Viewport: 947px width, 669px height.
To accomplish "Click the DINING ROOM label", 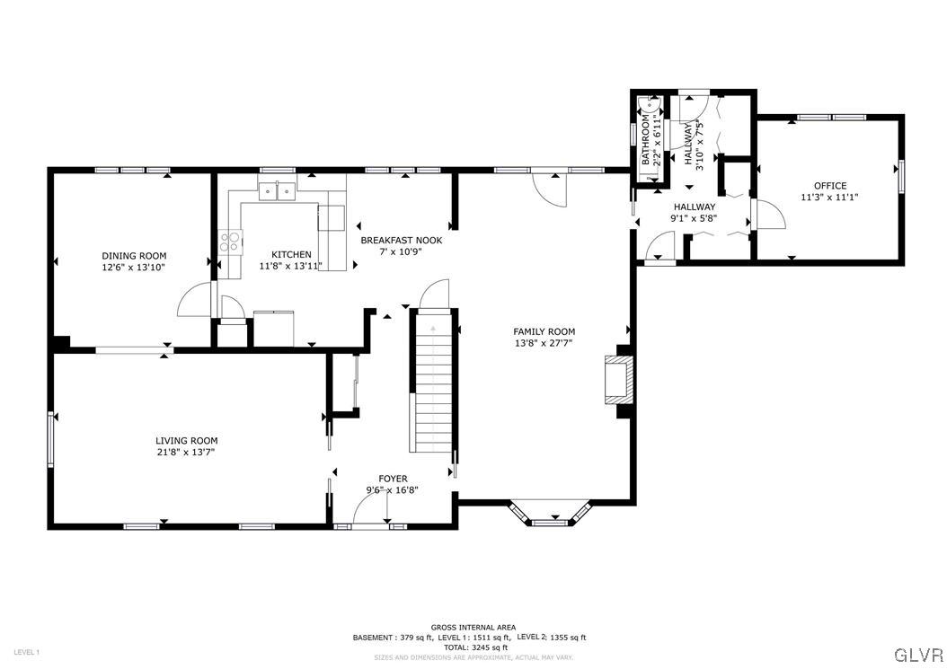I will pos(133,256).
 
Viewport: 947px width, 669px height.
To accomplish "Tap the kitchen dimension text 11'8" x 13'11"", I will pos(290,266).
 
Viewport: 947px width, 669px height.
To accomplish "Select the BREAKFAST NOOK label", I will pos(401,240).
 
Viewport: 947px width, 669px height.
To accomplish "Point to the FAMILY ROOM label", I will pos(544,331).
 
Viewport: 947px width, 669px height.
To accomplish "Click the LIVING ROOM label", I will pos(186,440).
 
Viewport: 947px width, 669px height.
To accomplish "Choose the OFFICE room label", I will pos(829,186).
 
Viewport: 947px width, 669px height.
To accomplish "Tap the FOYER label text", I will pos(393,479).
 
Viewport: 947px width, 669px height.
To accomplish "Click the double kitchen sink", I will pos(278,190).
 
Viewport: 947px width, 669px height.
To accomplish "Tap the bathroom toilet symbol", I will pos(645,122).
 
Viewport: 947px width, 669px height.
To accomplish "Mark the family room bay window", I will pos(547,514).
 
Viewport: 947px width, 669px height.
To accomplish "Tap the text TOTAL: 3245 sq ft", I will pos(468,647).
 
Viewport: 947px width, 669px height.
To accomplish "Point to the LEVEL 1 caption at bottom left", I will pos(26,652).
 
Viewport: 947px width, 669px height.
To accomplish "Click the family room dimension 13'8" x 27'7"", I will pos(544,342).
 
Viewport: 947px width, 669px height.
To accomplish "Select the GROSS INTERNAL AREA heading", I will pos(468,628).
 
